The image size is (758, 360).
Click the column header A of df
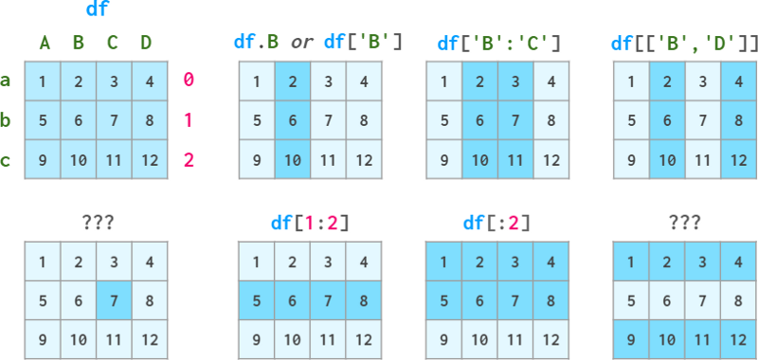point(44,42)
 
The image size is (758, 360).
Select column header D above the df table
point(146,42)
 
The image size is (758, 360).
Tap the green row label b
point(7,120)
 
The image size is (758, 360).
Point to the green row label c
point(7,160)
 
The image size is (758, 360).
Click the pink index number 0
point(189,81)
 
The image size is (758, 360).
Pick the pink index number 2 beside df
point(189,160)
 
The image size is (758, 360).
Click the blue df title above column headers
point(96,10)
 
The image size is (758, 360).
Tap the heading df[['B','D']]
point(685,42)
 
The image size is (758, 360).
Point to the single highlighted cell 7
point(113,300)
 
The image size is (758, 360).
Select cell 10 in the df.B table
point(293,160)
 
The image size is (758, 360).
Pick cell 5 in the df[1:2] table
point(257,300)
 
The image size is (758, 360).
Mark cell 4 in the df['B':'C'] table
point(551,81)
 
